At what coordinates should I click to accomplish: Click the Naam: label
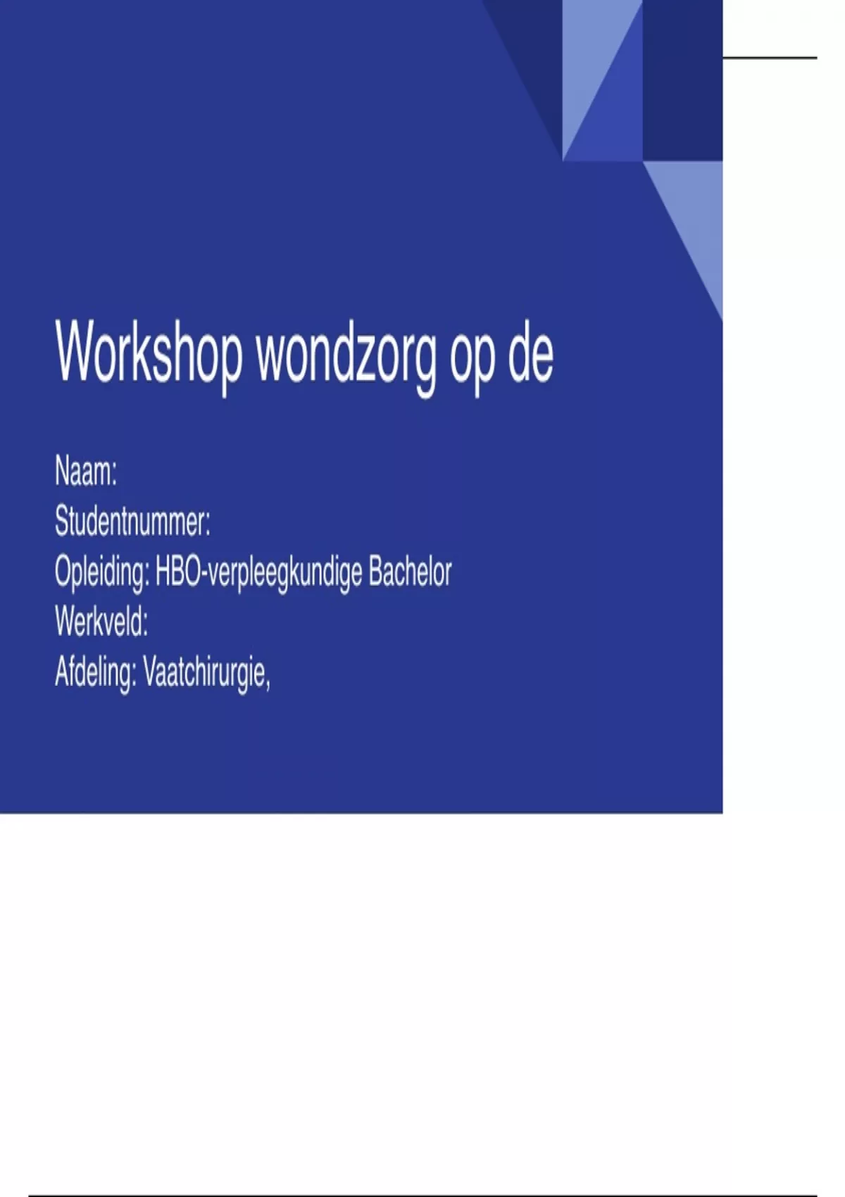coord(86,471)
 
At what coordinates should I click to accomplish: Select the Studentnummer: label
coord(132,521)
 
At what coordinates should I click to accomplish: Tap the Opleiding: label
coord(101,573)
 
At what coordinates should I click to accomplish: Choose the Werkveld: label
coord(101,622)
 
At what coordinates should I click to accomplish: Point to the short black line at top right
coord(770,57)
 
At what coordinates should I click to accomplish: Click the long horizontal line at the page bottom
coord(423,1195)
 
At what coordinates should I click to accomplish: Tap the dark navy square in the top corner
coord(682,80)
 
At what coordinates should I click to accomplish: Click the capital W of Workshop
coord(79,351)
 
